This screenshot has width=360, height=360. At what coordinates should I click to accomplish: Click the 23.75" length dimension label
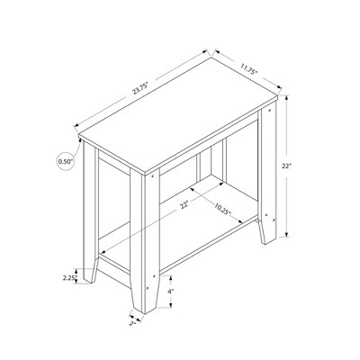point(139,89)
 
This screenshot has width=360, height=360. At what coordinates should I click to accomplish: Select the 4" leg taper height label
point(170,292)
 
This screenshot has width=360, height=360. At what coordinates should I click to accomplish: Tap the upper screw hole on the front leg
point(156,179)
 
